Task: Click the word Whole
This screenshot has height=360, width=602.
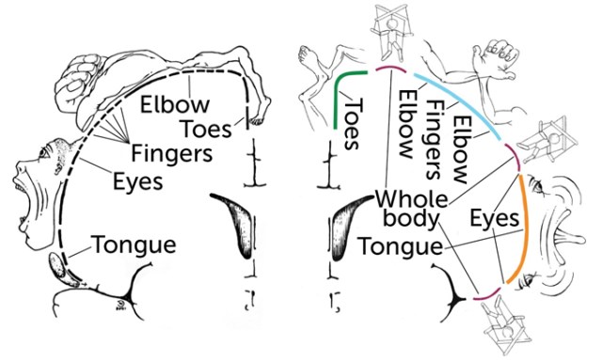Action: pyautogui.click(x=411, y=200)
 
